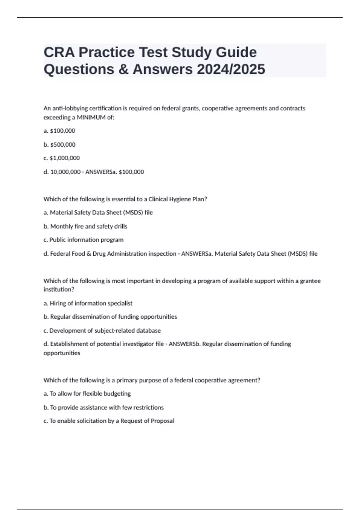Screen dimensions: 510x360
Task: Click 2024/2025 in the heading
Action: [231, 69]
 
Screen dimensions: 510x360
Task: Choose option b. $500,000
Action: [59, 145]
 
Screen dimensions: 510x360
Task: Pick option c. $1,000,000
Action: [61, 158]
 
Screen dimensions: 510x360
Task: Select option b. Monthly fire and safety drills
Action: [85, 226]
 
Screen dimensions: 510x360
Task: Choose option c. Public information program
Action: [83, 240]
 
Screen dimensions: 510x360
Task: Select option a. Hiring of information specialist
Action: [88, 303]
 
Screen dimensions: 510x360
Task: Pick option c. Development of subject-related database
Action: [102, 331]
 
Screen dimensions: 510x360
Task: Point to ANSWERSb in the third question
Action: [184, 344]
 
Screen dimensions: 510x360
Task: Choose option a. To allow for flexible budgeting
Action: [87, 394]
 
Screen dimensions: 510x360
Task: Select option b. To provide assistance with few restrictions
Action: [103, 407]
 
